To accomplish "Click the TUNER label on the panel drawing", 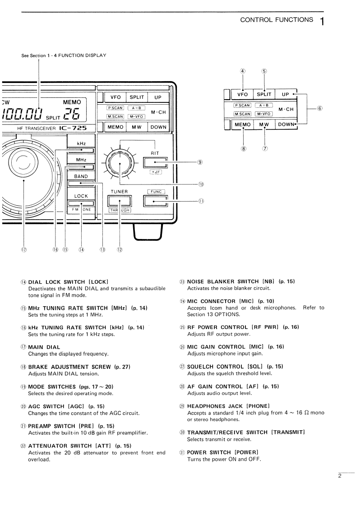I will coord(120,192).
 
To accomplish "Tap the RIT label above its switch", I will coord(155,153).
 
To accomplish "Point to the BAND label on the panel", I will coord(81,176).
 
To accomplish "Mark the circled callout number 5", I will coord(264,71).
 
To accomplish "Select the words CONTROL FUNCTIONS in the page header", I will coord(277,19).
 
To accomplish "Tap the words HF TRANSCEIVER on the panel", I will coord(37,129).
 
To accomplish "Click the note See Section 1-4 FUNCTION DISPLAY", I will coord(64,55).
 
